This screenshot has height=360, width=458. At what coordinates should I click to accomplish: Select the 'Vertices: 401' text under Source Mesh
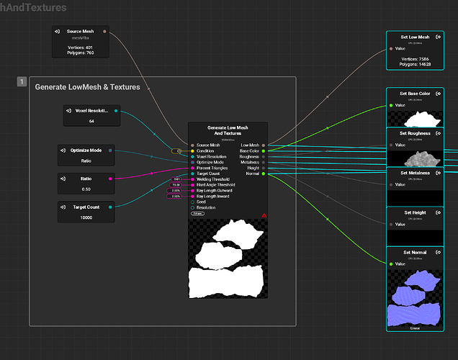[81, 47]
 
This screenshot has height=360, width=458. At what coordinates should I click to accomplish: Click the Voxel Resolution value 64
[91, 121]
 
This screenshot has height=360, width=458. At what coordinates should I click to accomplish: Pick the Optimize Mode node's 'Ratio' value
[86, 161]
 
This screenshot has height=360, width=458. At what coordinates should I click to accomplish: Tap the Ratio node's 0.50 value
[86, 189]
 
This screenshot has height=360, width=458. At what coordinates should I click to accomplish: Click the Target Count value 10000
[86, 217]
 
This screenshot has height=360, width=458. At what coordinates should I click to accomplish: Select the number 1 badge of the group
[22, 82]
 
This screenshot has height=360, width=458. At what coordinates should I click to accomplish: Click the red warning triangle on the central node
[264, 215]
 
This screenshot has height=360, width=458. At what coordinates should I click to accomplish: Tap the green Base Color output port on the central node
[264, 150]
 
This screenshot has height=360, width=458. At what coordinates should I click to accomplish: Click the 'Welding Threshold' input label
[214, 179]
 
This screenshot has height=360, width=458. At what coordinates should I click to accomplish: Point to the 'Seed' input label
[202, 202]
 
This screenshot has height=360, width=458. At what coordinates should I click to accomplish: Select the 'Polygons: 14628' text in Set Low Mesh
[416, 64]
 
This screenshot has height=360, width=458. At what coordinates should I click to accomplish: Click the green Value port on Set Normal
[392, 264]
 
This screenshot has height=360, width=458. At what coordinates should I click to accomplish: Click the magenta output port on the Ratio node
[109, 179]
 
